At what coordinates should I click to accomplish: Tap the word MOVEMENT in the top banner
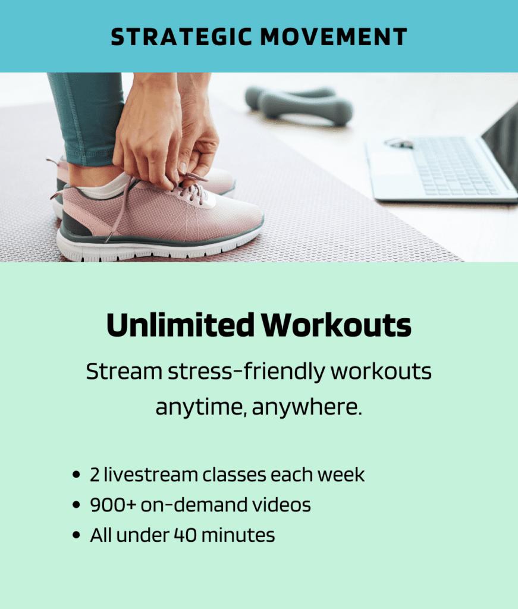click(x=334, y=37)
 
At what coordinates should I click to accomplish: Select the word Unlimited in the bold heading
click(x=181, y=325)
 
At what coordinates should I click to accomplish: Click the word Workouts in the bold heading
click(x=336, y=325)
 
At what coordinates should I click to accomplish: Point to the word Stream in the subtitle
click(x=124, y=371)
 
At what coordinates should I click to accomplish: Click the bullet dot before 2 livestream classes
click(x=76, y=475)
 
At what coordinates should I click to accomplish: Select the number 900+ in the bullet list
click(x=113, y=505)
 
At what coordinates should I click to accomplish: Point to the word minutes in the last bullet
click(x=238, y=535)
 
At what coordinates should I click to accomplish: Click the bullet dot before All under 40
click(x=76, y=535)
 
